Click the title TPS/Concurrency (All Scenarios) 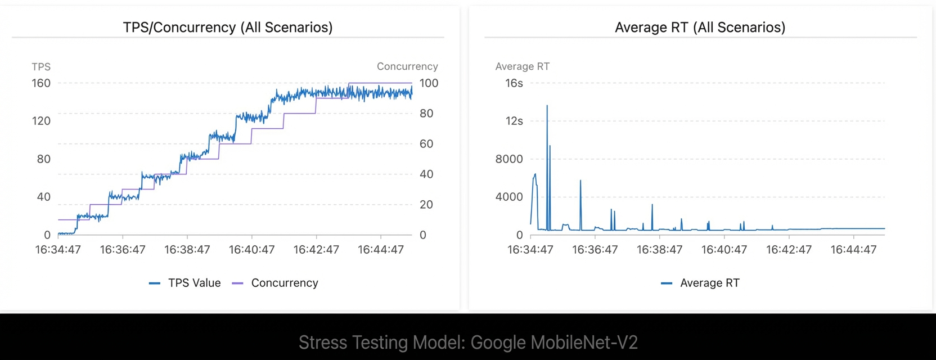[x=228, y=28]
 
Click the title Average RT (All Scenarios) [x=700, y=28]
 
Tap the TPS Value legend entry [x=184, y=283]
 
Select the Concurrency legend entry [x=276, y=283]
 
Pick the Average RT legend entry [x=700, y=283]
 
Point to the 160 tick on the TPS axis [x=41, y=83]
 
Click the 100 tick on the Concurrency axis [x=429, y=83]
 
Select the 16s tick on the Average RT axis [x=514, y=83]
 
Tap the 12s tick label [x=514, y=121]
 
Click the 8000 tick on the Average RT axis [x=509, y=159]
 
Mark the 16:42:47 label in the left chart [x=316, y=250]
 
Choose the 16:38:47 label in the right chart [x=659, y=250]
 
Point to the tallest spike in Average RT [x=547, y=106]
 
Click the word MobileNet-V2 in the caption [x=584, y=343]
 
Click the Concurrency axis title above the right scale [x=407, y=66]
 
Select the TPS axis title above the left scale [x=41, y=67]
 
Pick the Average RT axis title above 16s [x=523, y=66]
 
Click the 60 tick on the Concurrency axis [x=426, y=144]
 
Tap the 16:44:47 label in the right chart [x=853, y=250]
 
